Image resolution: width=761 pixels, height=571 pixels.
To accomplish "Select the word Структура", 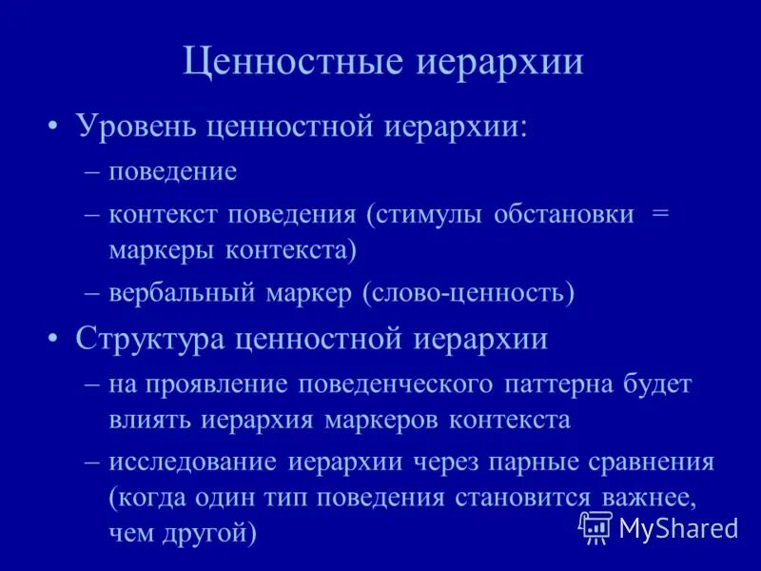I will (x=154, y=339).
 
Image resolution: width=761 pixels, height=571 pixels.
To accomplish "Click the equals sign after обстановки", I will (x=660, y=213).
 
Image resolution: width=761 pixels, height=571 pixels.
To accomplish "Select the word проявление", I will (x=230, y=384).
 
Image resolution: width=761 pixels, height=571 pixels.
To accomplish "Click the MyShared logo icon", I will (x=595, y=526).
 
